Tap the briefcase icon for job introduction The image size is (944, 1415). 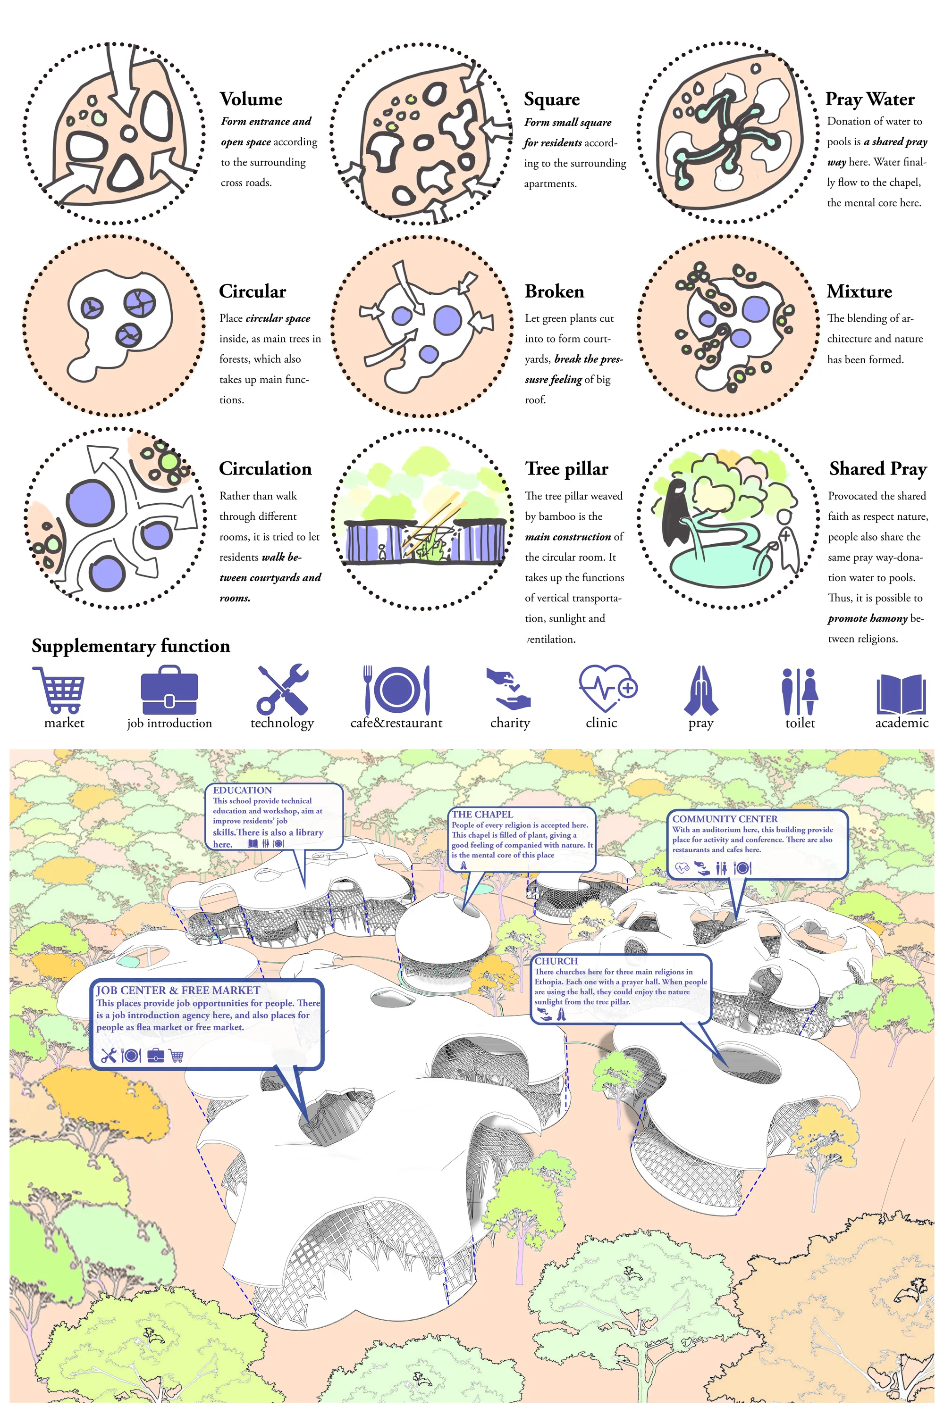click(x=169, y=690)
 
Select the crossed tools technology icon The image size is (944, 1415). click(x=282, y=690)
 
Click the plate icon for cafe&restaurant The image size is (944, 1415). click(x=397, y=690)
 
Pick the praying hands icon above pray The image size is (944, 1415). click(x=701, y=690)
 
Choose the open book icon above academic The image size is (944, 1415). click(x=901, y=694)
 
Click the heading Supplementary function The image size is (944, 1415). click(x=131, y=646)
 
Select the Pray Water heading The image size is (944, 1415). click(x=870, y=99)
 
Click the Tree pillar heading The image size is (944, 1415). click(x=566, y=469)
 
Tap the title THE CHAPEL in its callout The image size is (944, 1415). click(x=483, y=814)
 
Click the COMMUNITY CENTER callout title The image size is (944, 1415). click(x=725, y=819)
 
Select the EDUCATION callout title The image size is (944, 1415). click(x=242, y=790)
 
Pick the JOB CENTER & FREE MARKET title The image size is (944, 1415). click(x=178, y=990)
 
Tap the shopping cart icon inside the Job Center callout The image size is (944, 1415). click(x=177, y=1055)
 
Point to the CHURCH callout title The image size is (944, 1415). click(x=556, y=961)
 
